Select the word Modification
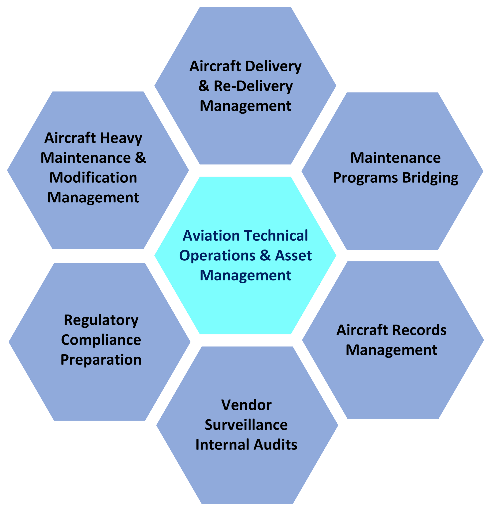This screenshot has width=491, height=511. [93, 178]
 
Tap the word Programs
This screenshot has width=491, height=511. [365, 178]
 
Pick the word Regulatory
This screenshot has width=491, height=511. [101, 320]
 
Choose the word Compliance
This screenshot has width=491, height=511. [101, 340]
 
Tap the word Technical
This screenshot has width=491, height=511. [276, 236]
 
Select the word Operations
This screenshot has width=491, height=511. [217, 256]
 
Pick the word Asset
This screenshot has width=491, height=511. [293, 256]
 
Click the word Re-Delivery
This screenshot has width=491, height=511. [253, 86]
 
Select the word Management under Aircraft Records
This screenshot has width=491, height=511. [391, 350]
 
